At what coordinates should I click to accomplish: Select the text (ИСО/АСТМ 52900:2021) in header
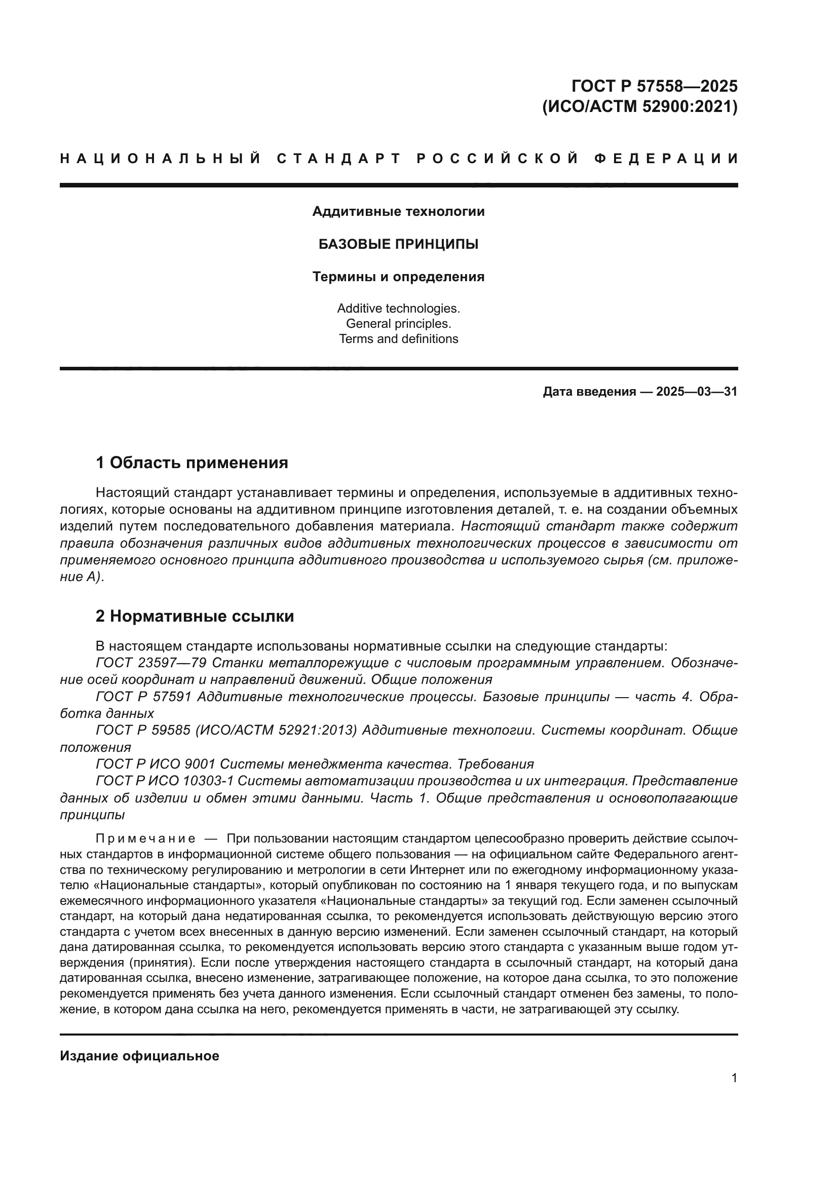pyautogui.click(x=640, y=107)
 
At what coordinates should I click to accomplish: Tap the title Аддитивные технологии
pyautogui.click(x=398, y=212)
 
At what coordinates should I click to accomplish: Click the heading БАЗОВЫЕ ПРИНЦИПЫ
pyautogui.click(x=398, y=244)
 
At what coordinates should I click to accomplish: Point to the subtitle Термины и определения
pyautogui.click(x=398, y=277)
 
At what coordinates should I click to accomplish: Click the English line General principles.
pyautogui.click(x=398, y=324)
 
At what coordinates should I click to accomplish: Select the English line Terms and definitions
pyautogui.click(x=398, y=339)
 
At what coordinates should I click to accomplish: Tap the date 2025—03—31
pyautogui.click(x=697, y=392)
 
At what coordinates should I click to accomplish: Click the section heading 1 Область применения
pyautogui.click(x=192, y=463)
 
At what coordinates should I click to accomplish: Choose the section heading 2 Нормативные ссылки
pyautogui.click(x=195, y=616)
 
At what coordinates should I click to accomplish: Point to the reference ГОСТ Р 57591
pyautogui.click(x=143, y=697)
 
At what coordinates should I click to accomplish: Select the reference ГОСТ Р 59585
pyautogui.click(x=143, y=731)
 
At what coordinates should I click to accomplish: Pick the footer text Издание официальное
pyautogui.click(x=139, y=1056)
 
